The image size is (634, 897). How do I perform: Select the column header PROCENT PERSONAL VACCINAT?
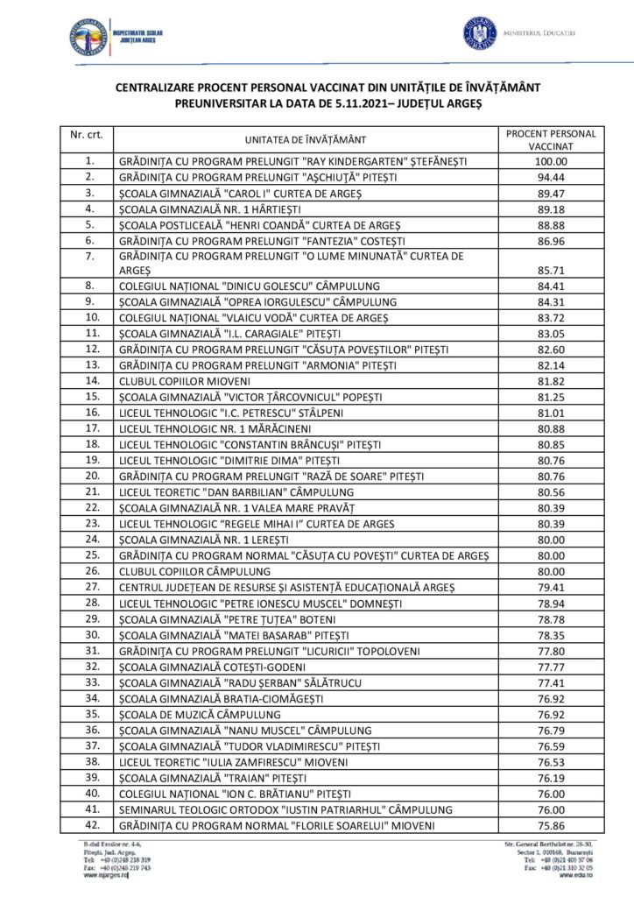tap(551, 140)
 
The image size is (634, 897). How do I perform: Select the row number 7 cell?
tap(88, 256)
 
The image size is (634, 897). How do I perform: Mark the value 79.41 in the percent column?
tap(551, 587)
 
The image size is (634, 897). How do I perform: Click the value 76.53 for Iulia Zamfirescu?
tap(551, 760)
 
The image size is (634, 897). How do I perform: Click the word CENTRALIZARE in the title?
tap(160, 87)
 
